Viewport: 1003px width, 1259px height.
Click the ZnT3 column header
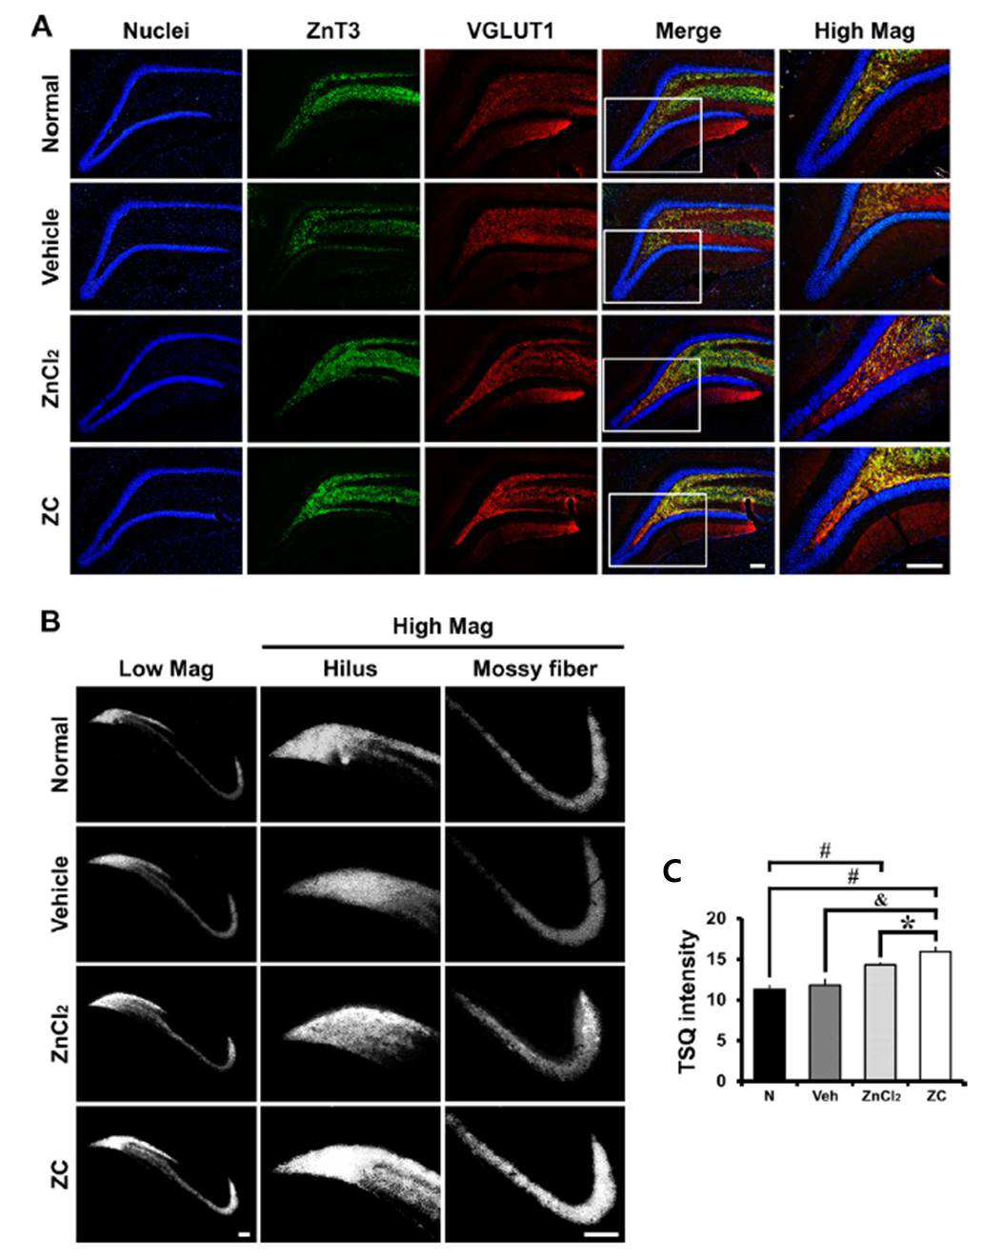click(333, 30)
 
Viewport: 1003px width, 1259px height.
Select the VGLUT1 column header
click(511, 30)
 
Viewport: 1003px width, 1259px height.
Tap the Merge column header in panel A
click(688, 31)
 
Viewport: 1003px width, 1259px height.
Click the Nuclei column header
click(156, 30)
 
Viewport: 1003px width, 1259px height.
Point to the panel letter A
click(42, 27)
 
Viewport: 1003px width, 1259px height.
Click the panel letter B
click(50, 621)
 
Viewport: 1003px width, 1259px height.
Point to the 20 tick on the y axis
click(721, 918)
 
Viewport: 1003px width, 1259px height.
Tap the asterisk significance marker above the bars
click(907, 924)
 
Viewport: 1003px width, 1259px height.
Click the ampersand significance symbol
click(880, 899)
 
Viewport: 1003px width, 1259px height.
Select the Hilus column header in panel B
click(350, 669)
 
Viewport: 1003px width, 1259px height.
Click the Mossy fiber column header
click(535, 669)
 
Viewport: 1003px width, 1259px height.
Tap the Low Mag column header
click(166, 669)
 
